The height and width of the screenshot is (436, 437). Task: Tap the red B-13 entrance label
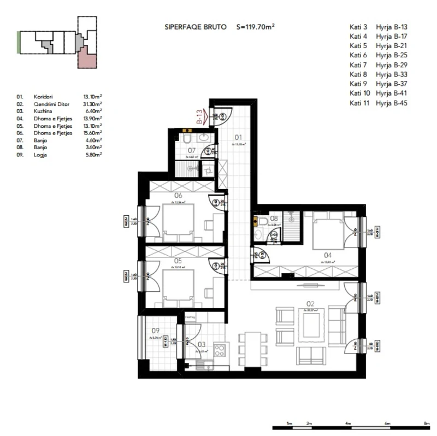pos(200,117)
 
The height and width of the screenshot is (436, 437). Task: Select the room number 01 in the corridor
pos(238,137)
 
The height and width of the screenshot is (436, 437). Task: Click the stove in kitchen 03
pos(220,349)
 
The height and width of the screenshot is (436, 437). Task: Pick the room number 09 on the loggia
pos(155,331)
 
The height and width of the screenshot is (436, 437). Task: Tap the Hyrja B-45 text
pos(392,103)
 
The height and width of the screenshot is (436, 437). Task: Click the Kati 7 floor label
pos(358,65)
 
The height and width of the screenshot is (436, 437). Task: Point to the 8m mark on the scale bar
pos(426,423)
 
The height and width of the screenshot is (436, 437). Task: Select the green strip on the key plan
pos(19,42)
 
